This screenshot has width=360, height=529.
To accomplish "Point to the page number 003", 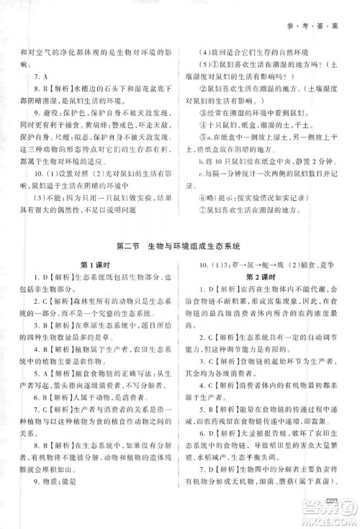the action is pos(332,502).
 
